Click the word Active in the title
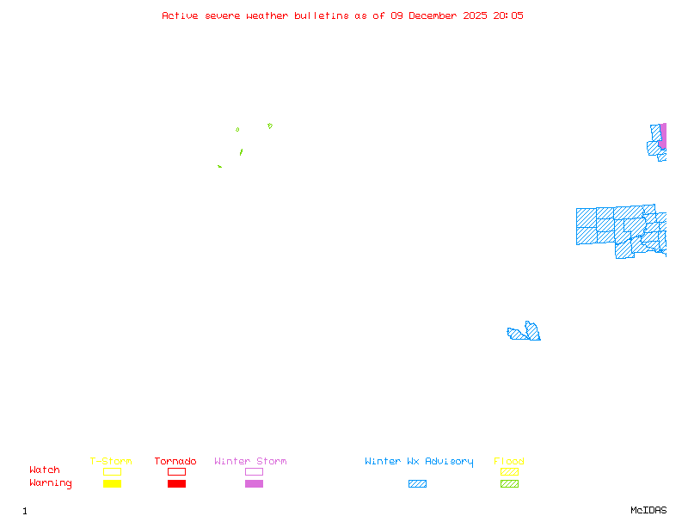pos(181,15)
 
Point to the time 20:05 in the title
pos(507,15)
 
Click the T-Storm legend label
pos(111,462)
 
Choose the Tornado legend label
pos(175,462)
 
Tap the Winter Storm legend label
pos(250,462)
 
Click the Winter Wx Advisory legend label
pos(419,462)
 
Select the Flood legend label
pos(509,462)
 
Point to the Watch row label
pos(45,470)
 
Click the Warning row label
pos(51,483)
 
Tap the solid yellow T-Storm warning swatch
pos(112,484)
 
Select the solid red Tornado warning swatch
pos(176,484)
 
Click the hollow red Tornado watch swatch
pos(176,472)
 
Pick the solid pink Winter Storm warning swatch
pos(254,484)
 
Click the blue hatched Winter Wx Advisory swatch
pos(417,484)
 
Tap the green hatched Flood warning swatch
pos(509,484)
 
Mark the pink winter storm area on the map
pos(662,136)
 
